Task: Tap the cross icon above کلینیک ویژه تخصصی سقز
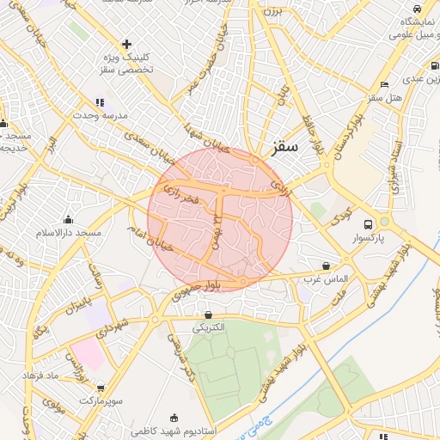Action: click(x=126, y=43)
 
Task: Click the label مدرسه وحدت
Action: click(x=100, y=115)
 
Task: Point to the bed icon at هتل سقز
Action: click(x=384, y=84)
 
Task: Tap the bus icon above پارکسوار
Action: click(x=369, y=220)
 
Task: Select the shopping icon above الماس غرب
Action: click(x=326, y=266)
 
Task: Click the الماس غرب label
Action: click(x=325, y=279)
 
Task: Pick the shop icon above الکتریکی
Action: click(x=209, y=315)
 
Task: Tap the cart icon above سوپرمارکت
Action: click(x=101, y=388)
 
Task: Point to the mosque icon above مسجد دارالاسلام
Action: click(x=69, y=220)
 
